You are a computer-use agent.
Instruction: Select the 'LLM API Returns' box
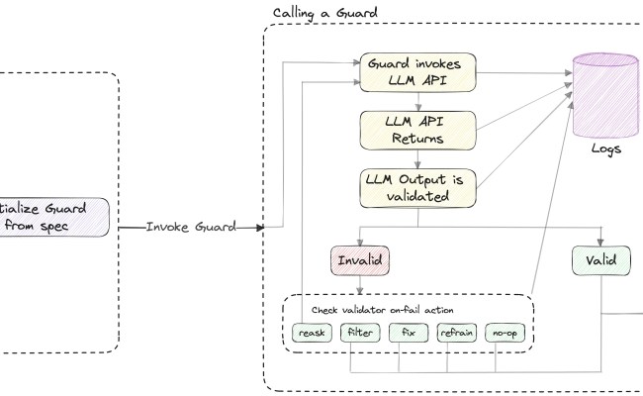coord(417,129)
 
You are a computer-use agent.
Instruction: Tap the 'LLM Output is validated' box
coord(417,187)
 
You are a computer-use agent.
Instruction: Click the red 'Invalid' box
coord(359,260)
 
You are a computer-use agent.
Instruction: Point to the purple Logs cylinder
coord(605,93)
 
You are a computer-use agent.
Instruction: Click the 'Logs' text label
coord(606,149)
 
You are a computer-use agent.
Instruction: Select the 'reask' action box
coord(312,333)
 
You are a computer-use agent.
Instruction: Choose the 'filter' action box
coord(359,333)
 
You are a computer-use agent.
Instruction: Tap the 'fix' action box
coord(408,333)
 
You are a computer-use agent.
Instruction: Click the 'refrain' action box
coord(456,333)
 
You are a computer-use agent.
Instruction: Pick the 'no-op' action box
coord(505,333)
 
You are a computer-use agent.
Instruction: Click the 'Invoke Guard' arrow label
coord(191,227)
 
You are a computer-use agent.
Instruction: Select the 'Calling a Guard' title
coord(324,12)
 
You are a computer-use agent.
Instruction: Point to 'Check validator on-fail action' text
coord(383,310)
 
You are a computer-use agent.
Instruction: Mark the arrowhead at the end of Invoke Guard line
coord(260,227)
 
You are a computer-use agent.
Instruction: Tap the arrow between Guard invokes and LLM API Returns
coord(419,101)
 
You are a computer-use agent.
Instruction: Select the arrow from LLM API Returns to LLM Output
coord(419,158)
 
